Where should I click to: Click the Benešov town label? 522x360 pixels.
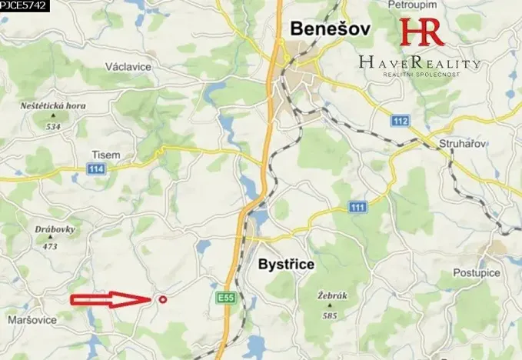330,30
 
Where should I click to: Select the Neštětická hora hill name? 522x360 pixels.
55,106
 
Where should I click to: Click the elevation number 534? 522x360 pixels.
53,126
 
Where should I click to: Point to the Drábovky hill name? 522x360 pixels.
51,229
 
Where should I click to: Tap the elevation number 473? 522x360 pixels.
51,246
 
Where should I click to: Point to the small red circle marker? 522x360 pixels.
161,300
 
